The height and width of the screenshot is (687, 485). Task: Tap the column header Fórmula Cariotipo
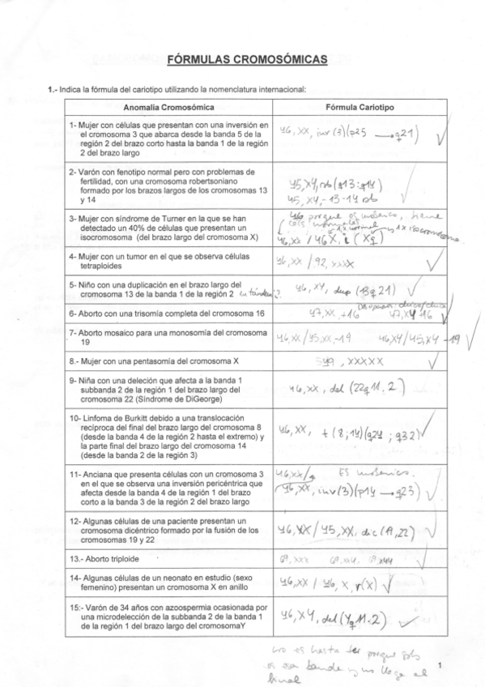359,107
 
